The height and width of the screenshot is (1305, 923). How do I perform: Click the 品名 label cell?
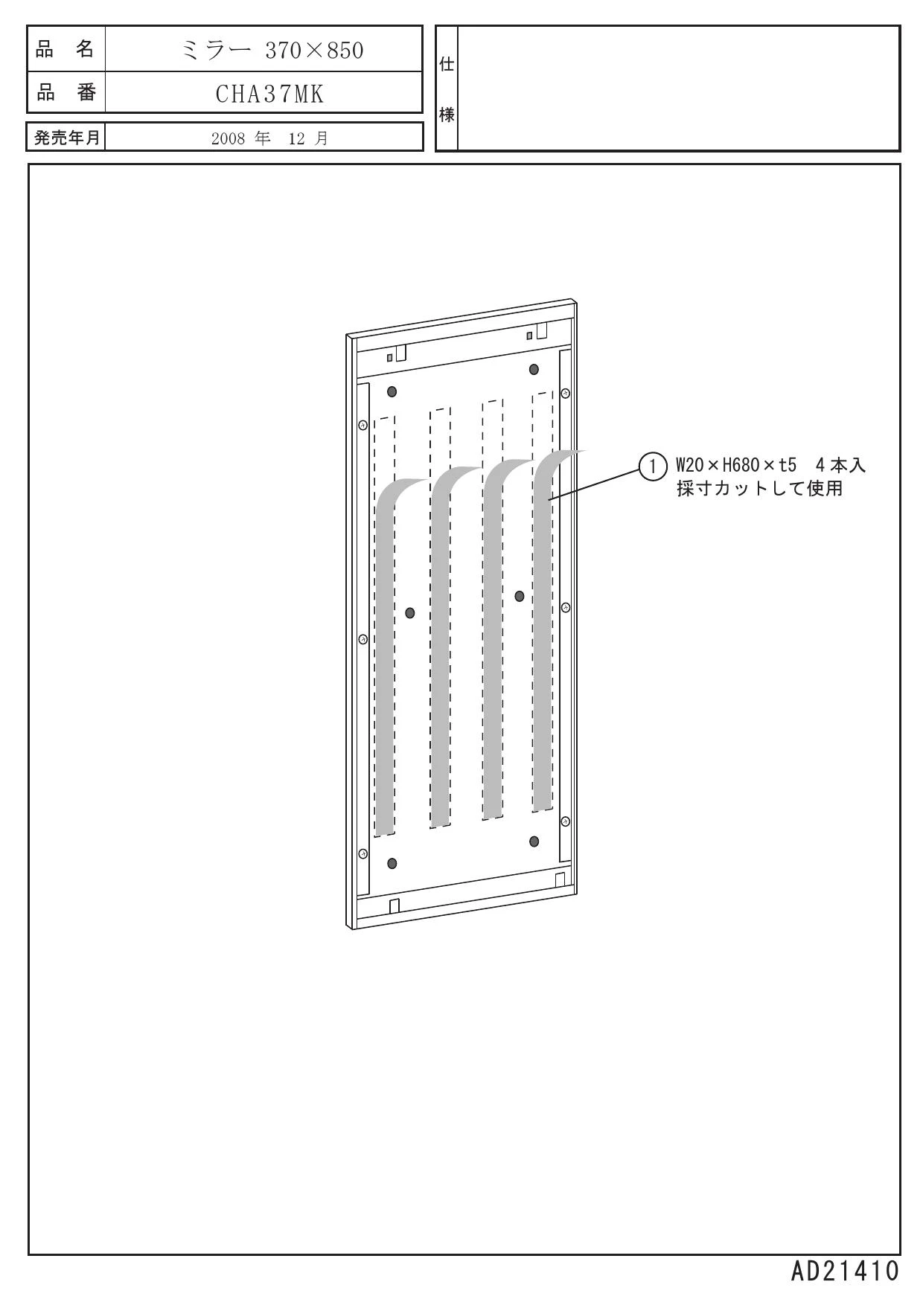tap(66, 49)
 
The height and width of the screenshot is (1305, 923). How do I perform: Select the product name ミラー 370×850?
tap(273, 50)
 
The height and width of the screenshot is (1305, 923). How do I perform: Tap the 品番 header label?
tap(66, 93)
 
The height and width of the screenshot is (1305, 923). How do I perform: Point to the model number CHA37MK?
tap(270, 94)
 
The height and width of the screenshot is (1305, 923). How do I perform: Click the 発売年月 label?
tap(66, 138)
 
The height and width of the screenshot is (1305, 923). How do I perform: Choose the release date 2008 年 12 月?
tap(269, 138)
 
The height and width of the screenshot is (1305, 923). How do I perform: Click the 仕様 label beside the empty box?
tap(447, 89)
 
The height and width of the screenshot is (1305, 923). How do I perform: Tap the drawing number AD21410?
tap(845, 1271)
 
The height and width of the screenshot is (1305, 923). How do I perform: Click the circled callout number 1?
tap(652, 466)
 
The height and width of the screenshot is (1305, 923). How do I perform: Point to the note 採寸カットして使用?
tap(759, 489)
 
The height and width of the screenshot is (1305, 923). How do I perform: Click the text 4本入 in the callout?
tap(841, 466)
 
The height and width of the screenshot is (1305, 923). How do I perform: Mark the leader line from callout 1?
tap(594, 483)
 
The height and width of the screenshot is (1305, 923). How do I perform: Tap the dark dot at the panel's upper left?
tap(392, 391)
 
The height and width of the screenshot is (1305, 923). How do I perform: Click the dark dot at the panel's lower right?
tap(534, 841)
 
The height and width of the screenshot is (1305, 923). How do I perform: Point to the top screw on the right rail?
tap(565, 393)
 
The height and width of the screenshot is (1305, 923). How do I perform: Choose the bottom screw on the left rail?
tap(363, 853)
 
